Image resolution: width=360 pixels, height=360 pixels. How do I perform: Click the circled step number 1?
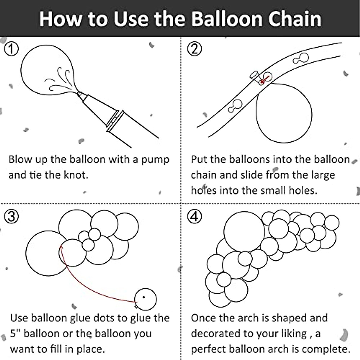11,49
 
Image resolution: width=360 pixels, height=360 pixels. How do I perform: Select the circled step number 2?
194,49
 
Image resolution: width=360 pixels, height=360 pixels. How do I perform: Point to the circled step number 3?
11,216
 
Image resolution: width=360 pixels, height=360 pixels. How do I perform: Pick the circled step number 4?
194,216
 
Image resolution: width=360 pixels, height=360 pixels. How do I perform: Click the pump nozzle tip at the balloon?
79,94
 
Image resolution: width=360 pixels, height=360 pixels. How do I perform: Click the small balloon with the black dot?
145,299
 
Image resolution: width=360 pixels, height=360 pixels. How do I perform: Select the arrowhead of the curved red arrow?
61,248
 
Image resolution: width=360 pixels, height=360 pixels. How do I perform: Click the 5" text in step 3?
15,333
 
